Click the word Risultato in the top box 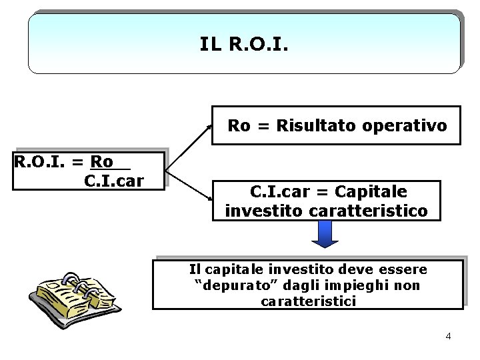313,125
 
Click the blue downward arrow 326,234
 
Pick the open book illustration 74,293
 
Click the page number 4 448,336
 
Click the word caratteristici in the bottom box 309,301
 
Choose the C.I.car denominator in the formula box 114,180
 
